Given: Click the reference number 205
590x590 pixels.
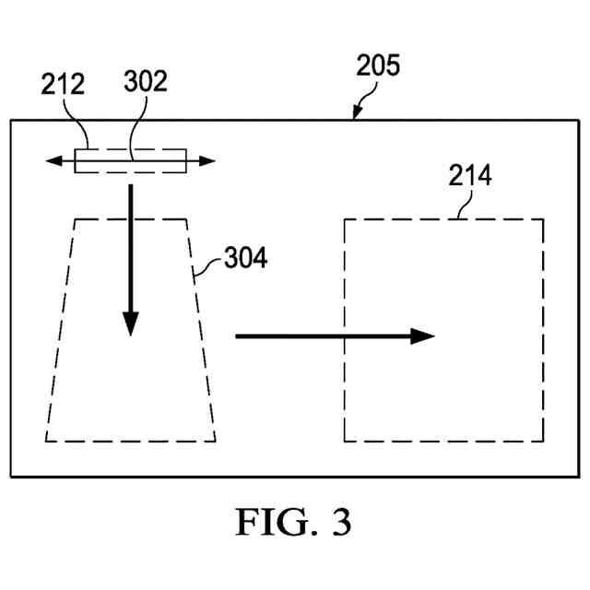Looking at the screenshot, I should (379, 67).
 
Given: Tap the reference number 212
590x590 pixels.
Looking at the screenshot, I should (64, 86).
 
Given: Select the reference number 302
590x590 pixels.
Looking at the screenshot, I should (145, 83).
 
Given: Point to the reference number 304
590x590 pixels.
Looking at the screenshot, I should (245, 259).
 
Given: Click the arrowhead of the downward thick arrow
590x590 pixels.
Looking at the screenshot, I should (131, 323).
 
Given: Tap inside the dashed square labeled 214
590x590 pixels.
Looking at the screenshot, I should (442, 387).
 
